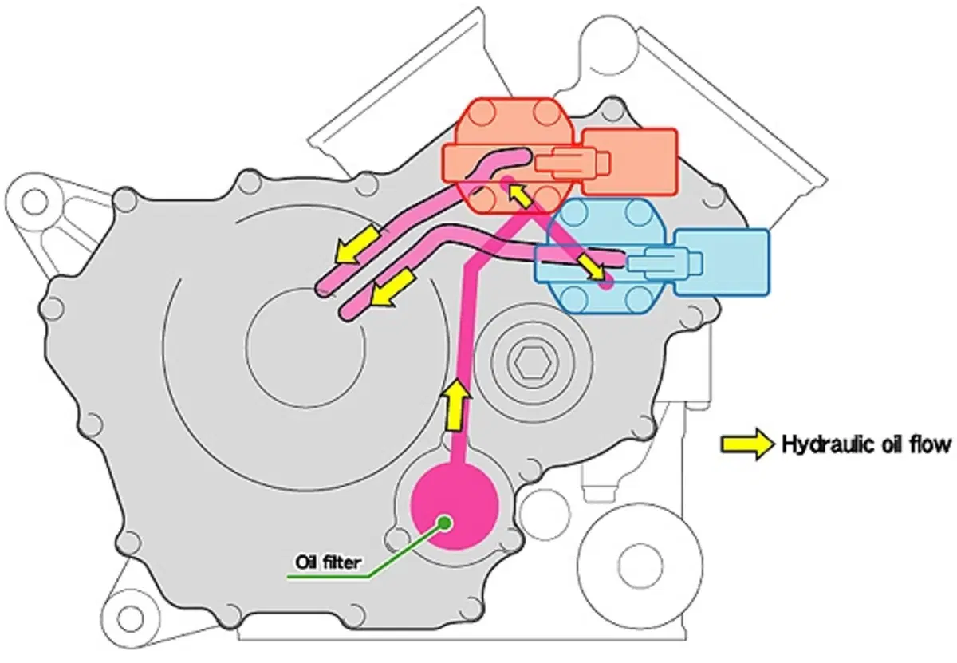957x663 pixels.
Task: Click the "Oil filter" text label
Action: coord(328,562)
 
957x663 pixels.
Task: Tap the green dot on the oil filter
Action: coord(445,522)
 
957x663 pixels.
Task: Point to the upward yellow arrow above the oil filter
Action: coord(455,405)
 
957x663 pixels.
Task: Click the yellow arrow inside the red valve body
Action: coord(520,195)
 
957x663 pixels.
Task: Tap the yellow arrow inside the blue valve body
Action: coord(592,268)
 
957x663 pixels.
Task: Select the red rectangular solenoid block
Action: coord(630,162)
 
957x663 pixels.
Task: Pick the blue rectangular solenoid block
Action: coord(722,262)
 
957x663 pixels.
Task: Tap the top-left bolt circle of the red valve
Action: coord(482,114)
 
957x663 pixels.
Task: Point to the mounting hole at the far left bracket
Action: coord(34,201)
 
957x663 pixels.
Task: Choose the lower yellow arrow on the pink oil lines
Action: coord(393,288)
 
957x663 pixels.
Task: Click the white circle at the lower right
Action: coord(640,565)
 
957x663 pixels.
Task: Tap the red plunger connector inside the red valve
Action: coord(572,163)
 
